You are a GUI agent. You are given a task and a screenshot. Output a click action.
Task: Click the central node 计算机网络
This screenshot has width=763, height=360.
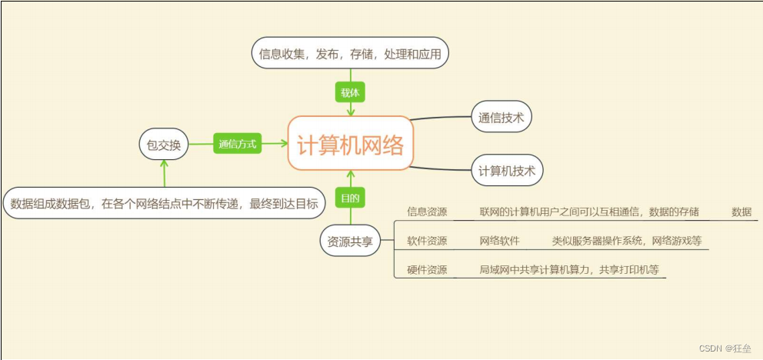pyautogui.click(x=350, y=144)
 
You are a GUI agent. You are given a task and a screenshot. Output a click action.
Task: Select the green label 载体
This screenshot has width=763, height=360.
pyautogui.click(x=350, y=92)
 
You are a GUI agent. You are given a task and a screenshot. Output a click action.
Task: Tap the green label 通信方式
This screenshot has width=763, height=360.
pyautogui.click(x=237, y=144)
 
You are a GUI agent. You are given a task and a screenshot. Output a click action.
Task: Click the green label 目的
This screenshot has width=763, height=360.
pyautogui.click(x=350, y=198)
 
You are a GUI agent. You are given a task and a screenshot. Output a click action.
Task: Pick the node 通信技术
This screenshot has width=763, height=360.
pyautogui.click(x=501, y=118)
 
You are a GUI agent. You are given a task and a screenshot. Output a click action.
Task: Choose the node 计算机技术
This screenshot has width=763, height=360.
pyautogui.click(x=507, y=170)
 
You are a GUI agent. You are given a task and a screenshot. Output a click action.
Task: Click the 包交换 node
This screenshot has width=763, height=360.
pyautogui.click(x=163, y=144)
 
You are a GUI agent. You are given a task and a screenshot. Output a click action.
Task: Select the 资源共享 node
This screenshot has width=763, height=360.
pyautogui.click(x=350, y=241)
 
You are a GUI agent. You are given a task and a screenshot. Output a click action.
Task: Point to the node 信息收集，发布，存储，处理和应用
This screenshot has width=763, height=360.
pyautogui.click(x=350, y=53)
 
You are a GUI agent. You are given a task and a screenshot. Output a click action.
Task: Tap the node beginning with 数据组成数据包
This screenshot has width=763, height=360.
pyautogui.click(x=164, y=204)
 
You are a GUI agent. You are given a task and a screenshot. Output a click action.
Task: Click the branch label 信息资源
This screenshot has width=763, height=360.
pyautogui.click(x=427, y=212)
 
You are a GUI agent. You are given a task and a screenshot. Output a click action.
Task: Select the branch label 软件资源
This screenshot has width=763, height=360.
pyautogui.click(x=427, y=241)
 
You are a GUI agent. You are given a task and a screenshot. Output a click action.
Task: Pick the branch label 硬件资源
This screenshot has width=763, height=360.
pyautogui.click(x=427, y=270)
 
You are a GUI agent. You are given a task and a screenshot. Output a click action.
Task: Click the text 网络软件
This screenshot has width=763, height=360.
pyautogui.click(x=499, y=241)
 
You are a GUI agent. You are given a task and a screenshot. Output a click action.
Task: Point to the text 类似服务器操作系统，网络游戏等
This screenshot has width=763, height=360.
pyautogui.click(x=626, y=241)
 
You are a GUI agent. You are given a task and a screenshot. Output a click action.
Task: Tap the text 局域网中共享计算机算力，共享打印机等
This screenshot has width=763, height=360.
pyautogui.click(x=568, y=270)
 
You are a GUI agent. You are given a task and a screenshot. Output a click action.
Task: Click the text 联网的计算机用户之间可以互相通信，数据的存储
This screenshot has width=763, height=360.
pyautogui.click(x=589, y=212)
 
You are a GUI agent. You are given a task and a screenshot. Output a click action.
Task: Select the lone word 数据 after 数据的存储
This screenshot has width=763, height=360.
pyautogui.click(x=741, y=212)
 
